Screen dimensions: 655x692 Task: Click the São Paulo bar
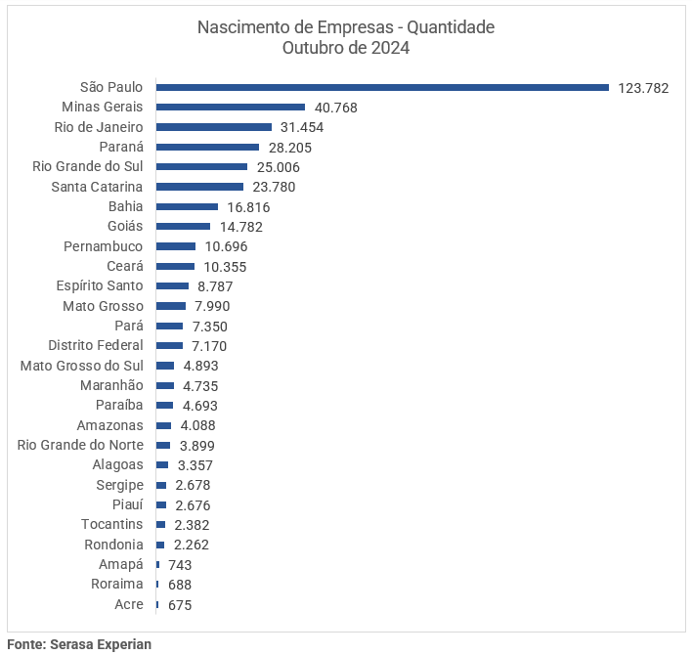click(x=382, y=87)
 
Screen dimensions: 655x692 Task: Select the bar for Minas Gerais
click(x=231, y=107)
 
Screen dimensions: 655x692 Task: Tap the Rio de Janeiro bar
click(x=213, y=127)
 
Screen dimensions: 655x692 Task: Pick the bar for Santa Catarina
click(x=199, y=187)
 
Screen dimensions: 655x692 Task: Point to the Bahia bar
click(x=187, y=206)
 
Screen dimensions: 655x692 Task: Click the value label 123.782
click(x=643, y=88)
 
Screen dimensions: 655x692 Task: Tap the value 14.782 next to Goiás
click(x=241, y=227)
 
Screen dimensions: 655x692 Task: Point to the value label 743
click(x=180, y=565)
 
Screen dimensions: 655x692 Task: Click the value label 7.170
click(x=210, y=346)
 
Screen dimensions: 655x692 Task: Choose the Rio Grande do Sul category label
click(x=88, y=166)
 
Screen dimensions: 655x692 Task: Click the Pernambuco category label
click(x=103, y=246)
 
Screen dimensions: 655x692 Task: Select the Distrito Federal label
click(x=96, y=345)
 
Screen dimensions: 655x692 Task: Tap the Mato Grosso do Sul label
click(x=82, y=366)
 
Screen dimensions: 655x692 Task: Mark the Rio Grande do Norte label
click(x=80, y=445)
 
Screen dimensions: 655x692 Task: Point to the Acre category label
click(x=129, y=604)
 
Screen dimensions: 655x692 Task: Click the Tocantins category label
click(x=112, y=525)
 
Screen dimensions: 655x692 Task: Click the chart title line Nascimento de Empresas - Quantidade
click(x=346, y=27)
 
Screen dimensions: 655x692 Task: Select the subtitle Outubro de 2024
click(x=346, y=48)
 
